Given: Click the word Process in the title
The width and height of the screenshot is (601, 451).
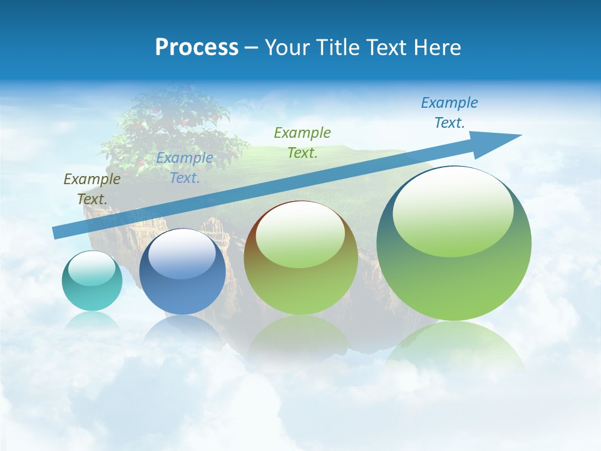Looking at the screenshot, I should pos(197,48).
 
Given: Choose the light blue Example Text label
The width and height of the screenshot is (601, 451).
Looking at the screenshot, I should pos(185,167).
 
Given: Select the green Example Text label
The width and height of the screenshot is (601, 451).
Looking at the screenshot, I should pos(302,142).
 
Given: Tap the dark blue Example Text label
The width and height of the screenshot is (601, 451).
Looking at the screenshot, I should pos(449,113).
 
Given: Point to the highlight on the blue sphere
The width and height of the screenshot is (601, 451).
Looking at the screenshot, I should pos(181,254).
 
